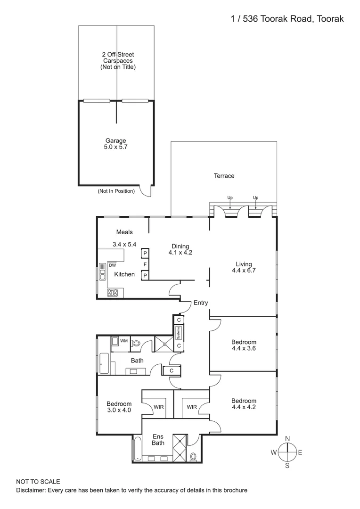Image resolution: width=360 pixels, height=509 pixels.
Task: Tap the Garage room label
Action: pos(116,140)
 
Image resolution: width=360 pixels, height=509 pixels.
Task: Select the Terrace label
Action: pos(224,176)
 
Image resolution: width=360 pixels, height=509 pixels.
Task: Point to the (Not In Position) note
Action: pos(116,191)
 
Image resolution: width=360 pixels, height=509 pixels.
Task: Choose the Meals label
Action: pos(124,232)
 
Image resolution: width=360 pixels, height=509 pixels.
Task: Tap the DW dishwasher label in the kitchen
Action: pos(113,265)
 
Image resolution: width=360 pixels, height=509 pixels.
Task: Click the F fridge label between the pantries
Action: pos(145,264)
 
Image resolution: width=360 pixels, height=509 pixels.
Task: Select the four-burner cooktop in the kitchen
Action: pos(113,293)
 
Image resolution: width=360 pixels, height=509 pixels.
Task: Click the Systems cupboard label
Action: pos(179,333)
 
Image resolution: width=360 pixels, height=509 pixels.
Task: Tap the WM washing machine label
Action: pos(123,340)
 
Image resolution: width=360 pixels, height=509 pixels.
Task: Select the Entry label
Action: pos(200,303)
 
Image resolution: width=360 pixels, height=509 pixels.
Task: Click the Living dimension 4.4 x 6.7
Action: pos(242,271)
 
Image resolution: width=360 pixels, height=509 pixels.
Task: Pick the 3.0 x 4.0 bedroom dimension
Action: pos(119,410)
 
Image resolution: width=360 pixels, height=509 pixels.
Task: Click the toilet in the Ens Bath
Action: pos(193,456)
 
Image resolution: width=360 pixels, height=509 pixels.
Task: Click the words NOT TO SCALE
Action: pos(38,482)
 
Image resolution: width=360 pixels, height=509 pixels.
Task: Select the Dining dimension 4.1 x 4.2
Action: pos(180,253)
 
